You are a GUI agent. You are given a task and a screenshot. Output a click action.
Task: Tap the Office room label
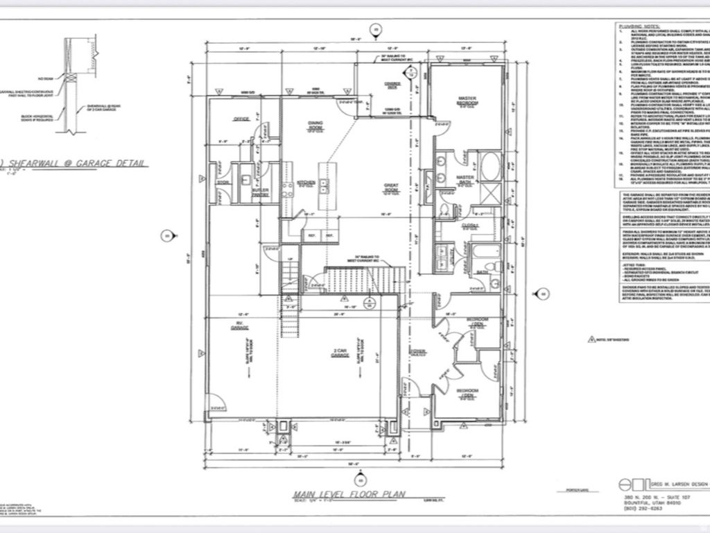coord(241,119)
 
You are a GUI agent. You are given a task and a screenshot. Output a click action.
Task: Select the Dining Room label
coord(315,126)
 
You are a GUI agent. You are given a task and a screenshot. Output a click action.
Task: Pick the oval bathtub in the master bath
coord(489,167)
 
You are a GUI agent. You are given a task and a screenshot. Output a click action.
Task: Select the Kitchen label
coord(306,183)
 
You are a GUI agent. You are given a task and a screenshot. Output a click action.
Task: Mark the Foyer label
coord(419,351)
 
